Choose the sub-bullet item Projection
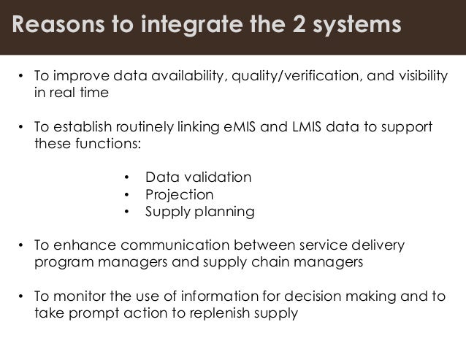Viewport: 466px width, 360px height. point(180,195)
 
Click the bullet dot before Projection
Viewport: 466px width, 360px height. point(126,195)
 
